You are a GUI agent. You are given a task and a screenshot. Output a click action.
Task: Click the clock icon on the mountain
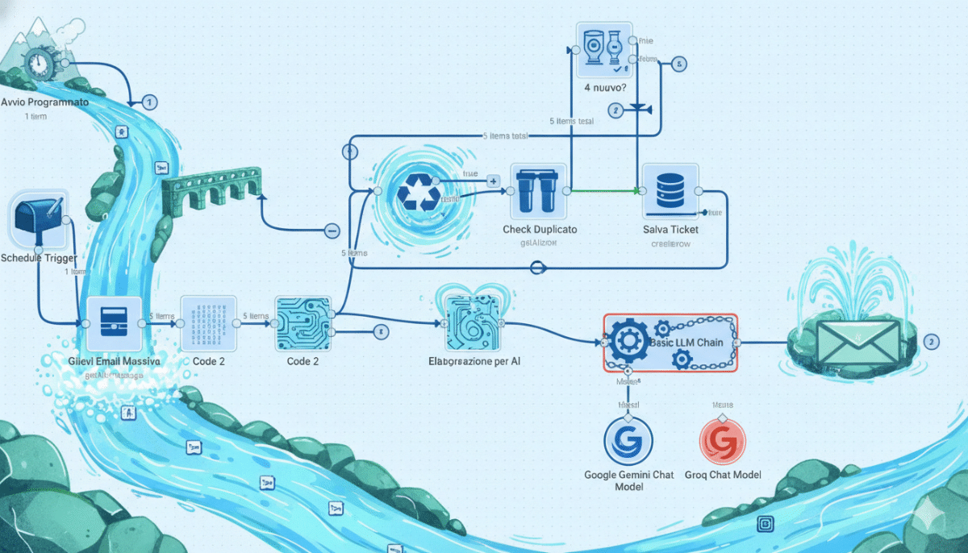pyautogui.click(x=38, y=62)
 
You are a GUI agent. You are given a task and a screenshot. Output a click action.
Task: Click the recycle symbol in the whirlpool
pyautogui.click(x=419, y=193)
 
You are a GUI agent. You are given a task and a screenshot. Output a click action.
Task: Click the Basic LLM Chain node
pyautogui.click(x=670, y=343)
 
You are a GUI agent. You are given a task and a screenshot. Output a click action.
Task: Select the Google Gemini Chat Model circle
pyautogui.click(x=628, y=442)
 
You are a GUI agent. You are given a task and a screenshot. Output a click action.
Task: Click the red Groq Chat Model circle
pyautogui.click(x=722, y=442)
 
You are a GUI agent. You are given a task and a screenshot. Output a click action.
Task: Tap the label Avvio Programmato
pyautogui.click(x=45, y=103)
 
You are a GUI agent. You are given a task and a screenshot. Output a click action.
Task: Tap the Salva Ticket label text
pyautogui.click(x=670, y=230)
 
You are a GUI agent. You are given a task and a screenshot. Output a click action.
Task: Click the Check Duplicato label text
pyautogui.click(x=540, y=230)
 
